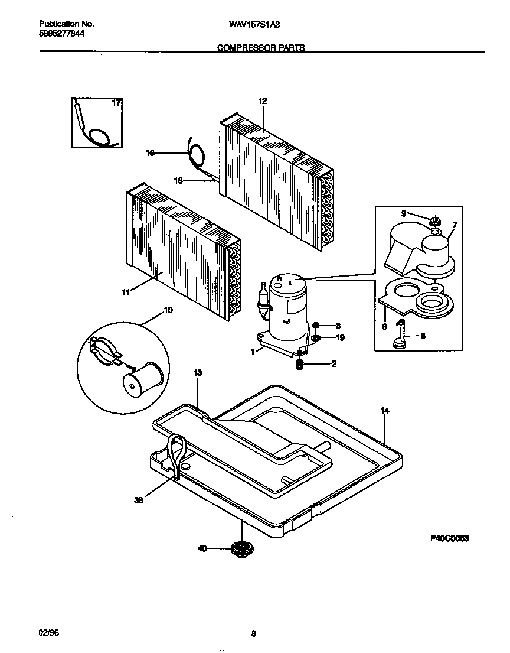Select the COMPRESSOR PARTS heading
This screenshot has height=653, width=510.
[261, 48]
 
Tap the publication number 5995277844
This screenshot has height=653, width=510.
[61, 34]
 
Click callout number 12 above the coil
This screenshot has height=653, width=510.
[263, 101]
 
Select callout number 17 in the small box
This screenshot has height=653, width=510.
[116, 103]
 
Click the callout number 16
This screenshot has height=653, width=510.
[150, 153]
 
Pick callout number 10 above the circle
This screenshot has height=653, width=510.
[168, 310]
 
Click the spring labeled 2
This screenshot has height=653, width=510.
[299, 365]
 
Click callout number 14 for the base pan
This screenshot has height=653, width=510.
[385, 411]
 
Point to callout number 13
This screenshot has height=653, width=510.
[198, 373]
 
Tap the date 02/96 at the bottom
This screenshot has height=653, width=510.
[49, 633]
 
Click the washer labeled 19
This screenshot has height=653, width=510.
[316, 338]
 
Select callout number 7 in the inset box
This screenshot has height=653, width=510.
[455, 225]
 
